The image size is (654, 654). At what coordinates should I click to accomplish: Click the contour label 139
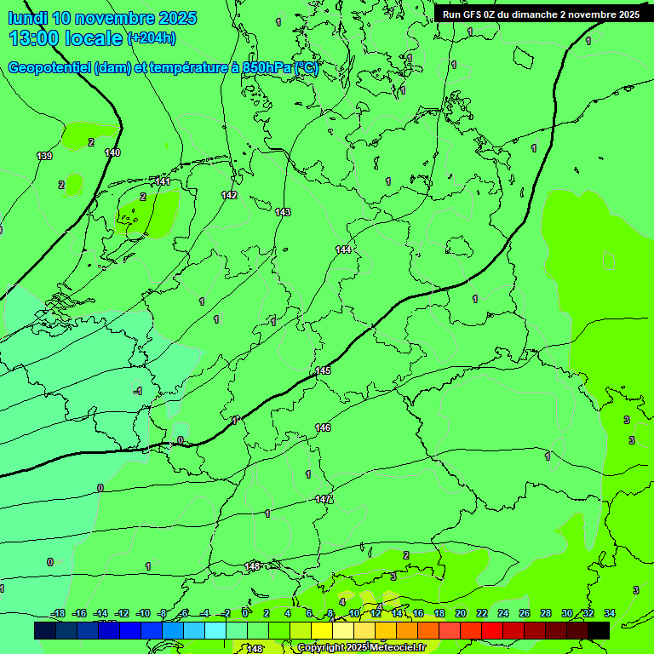(44, 156)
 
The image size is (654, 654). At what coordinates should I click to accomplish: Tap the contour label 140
(112, 152)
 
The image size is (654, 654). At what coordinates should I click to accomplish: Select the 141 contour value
(163, 181)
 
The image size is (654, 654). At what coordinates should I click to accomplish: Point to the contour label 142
(229, 195)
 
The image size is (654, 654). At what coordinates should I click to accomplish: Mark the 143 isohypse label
(283, 212)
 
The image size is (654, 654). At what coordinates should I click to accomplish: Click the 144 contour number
(343, 250)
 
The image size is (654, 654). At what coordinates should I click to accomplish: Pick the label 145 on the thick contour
(323, 370)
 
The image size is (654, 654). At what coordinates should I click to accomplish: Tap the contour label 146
(323, 427)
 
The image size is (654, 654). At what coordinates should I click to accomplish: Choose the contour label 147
(323, 499)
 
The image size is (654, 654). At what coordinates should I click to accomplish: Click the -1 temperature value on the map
(138, 391)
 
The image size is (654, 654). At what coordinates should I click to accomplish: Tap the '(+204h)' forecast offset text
(151, 38)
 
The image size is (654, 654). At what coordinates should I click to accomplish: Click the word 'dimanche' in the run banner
(533, 14)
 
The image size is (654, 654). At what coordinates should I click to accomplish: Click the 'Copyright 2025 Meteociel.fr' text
(361, 648)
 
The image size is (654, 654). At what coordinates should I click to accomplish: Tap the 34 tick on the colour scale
(610, 613)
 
